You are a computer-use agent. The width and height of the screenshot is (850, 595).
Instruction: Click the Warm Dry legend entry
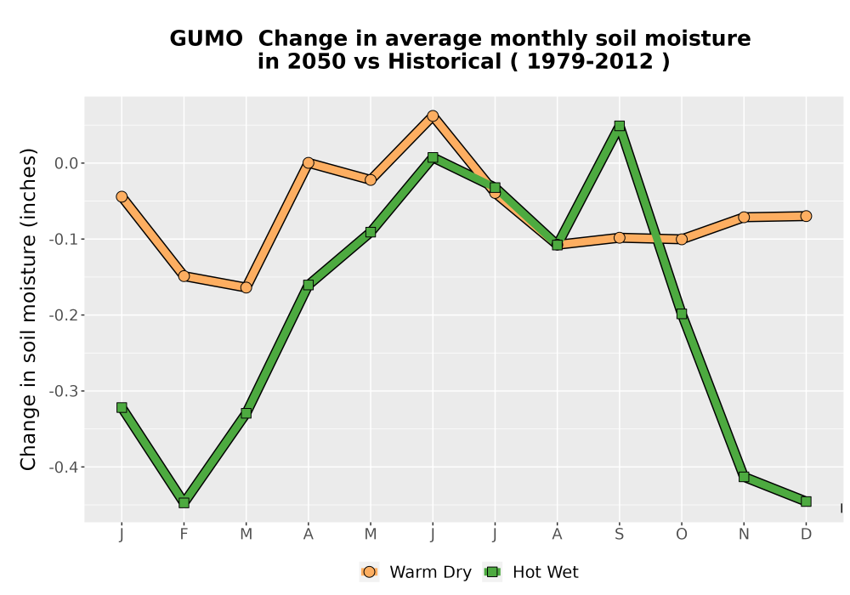click(x=416, y=572)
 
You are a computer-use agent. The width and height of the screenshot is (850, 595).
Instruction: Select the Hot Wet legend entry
click(x=531, y=572)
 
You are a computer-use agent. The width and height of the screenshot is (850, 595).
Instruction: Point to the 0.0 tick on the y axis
click(x=66, y=163)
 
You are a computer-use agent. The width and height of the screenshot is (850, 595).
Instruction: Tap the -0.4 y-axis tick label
click(x=64, y=467)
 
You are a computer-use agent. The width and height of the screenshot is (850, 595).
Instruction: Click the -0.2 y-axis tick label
click(x=64, y=315)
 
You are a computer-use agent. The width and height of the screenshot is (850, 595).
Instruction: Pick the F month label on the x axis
click(x=184, y=535)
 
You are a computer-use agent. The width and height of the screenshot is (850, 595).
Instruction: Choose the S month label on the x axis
click(x=619, y=535)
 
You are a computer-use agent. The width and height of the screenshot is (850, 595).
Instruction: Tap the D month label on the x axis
click(x=806, y=535)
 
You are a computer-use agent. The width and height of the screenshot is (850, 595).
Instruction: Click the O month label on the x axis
click(x=682, y=535)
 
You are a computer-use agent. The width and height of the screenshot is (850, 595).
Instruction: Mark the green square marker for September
click(x=620, y=127)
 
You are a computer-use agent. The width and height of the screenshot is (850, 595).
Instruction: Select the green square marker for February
click(x=184, y=503)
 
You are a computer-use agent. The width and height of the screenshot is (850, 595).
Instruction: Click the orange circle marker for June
click(x=433, y=116)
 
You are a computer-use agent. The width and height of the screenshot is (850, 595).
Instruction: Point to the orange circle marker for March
click(x=246, y=288)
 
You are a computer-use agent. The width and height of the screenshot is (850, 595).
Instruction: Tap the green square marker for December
click(x=806, y=501)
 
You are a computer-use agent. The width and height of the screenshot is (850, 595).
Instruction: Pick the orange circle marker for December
click(x=806, y=216)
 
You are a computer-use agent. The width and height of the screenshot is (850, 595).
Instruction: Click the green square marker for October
click(x=682, y=314)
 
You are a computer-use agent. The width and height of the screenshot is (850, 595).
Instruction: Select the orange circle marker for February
click(x=184, y=276)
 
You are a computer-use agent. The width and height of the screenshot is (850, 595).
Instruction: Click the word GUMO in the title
click(x=206, y=39)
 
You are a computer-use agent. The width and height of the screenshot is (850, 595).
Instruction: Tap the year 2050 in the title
click(x=316, y=62)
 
